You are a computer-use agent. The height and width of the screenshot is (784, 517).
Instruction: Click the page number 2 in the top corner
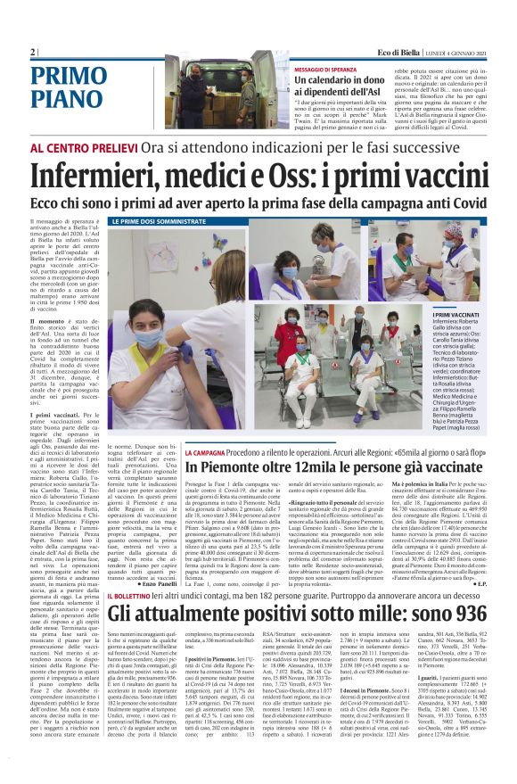click(x=33, y=53)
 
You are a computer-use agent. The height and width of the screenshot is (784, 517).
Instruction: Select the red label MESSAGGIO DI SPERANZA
click(x=332, y=70)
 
